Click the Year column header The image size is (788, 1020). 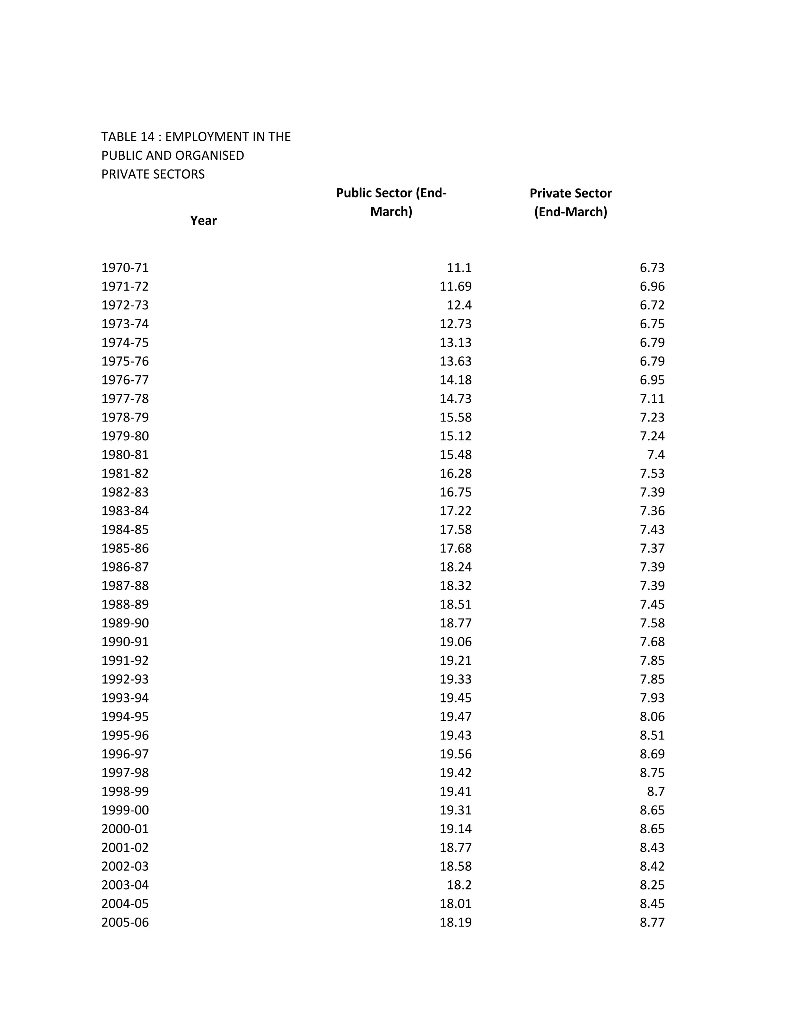click(203, 221)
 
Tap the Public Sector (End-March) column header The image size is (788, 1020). click(391, 202)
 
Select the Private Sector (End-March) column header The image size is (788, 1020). click(571, 202)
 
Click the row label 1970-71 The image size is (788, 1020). click(125, 268)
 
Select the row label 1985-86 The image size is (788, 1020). click(125, 548)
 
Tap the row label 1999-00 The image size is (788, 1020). click(125, 810)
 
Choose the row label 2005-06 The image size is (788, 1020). click(125, 922)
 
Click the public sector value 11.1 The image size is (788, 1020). click(459, 268)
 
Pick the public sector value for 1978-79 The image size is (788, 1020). click(456, 417)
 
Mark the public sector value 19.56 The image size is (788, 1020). click(456, 754)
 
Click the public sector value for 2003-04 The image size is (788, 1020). click(459, 885)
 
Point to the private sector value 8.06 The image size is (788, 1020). click(652, 716)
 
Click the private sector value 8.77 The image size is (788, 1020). click(652, 922)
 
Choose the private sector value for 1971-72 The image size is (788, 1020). click(652, 286)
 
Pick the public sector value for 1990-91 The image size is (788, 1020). click(456, 642)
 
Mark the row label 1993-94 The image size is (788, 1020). click(125, 698)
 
